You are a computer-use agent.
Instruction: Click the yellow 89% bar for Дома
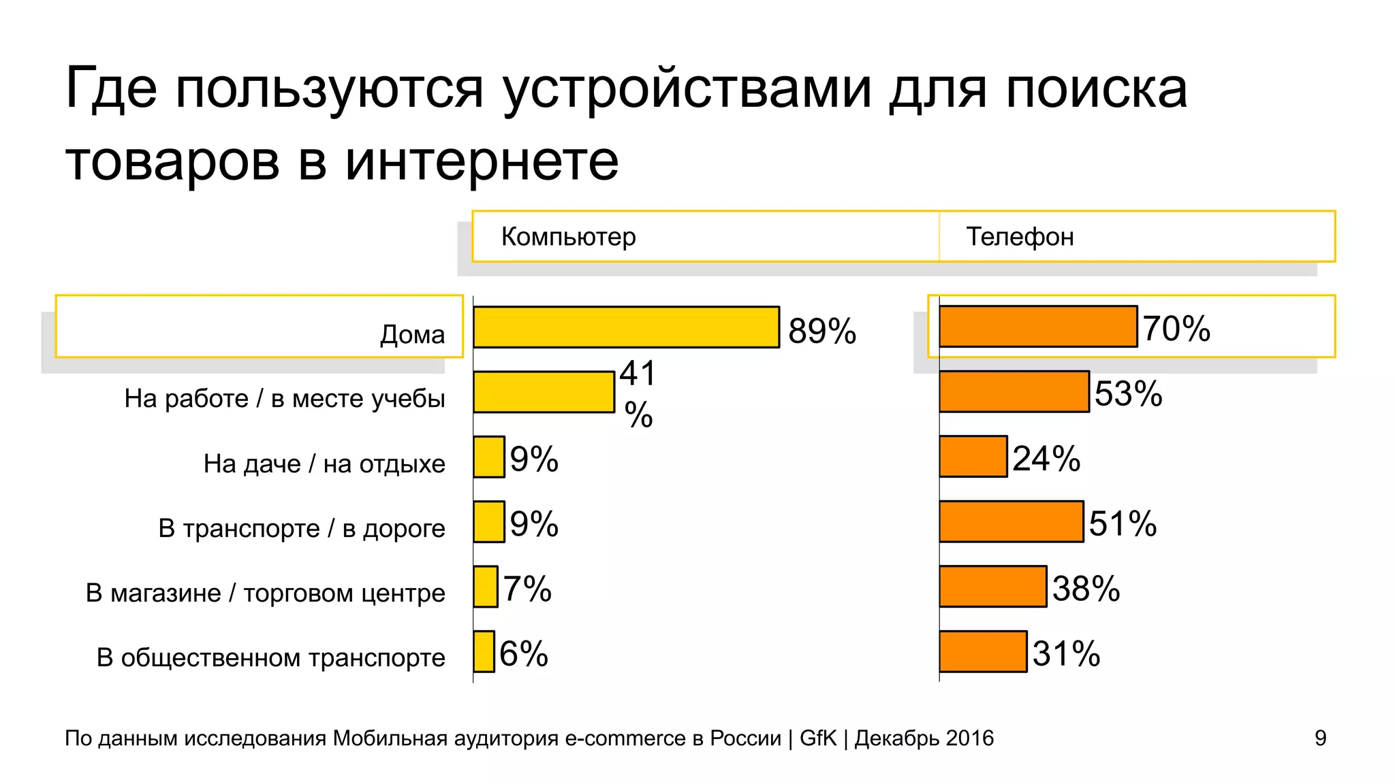[x=626, y=327]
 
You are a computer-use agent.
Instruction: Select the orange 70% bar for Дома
[x=1038, y=327]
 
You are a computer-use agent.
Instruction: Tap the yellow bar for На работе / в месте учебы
[x=544, y=392]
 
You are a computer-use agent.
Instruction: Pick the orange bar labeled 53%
[x=1014, y=391]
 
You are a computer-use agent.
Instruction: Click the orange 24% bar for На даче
[x=973, y=457]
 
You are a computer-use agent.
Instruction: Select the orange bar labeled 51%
[x=1012, y=521]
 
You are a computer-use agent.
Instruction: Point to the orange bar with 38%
[x=992, y=586]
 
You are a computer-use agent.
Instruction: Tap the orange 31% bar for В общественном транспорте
[x=983, y=651]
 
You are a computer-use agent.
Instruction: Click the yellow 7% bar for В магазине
[x=486, y=586]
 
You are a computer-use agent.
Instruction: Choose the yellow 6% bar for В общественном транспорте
[x=484, y=651]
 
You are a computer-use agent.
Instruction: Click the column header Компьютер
[x=568, y=237]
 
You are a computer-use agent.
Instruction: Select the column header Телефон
[x=1020, y=237]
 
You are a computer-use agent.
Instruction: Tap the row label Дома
[x=412, y=334]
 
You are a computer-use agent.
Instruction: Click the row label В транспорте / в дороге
[x=302, y=528]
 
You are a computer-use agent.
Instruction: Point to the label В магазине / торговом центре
[x=265, y=593]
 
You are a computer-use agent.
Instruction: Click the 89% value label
[x=821, y=331]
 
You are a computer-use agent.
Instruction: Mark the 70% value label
[x=1176, y=329]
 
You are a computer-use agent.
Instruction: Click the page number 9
[x=1320, y=738]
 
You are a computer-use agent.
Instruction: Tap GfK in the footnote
[x=817, y=738]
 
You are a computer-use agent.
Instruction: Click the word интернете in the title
[x=482, y=162]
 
